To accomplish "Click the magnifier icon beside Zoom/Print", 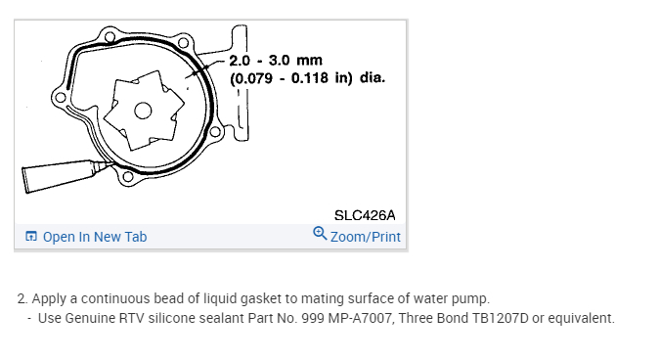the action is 320,234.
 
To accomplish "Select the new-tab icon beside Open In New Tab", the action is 31,236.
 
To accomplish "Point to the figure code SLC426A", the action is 365,215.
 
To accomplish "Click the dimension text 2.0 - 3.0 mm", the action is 276,60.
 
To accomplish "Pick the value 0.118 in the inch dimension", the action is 309,78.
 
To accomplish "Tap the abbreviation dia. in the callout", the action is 373,77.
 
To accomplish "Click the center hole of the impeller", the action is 143,111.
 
